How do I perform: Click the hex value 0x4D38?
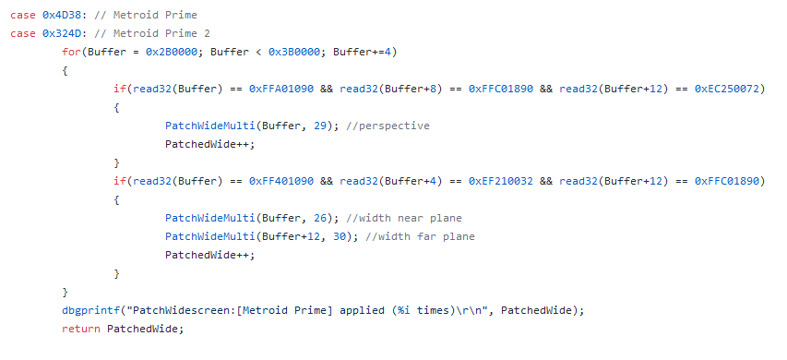pyautogui.click(x=62, y=15)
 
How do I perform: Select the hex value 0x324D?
pyautogui.click(x=62, y=33)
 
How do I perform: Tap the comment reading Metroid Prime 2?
pyautogui.click(x=152, y=33)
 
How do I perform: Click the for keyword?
pyautogui.click(x=71, y=53)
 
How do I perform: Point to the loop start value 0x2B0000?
pyautogui.click(x=172, y=53)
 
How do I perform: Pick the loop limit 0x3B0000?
pyautogui.click(x=294, y=53)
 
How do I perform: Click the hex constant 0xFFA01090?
pyautogui.click(x=281, y=90)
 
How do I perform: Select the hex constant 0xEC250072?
pyautogui.click(x=727, y=90)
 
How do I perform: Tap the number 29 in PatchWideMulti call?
pyautogui.click(x=320, y=126)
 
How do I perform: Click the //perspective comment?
pyautogui.click(x=388, y=126)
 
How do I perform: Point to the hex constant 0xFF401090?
pyautogui.click(x=281, y=181)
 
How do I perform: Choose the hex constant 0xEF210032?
pyautogui.click(x=501, y=181)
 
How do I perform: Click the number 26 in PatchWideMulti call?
pyautogui.click(x=320, y=219)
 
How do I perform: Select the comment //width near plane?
pyautogui.click(x=403, y=219)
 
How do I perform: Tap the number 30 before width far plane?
pyautogui.click(x=340, y=237)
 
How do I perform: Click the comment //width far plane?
pyautogui.click(x=420, y=237)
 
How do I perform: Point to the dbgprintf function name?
pyautogui.click(x=90, y=311)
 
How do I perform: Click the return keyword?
pyautogui.click(x=81, y=330)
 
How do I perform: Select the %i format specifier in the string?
pyautogui.click(x=404, y=311)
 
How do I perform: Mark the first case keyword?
pyautogui.click(x=22, y=15)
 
